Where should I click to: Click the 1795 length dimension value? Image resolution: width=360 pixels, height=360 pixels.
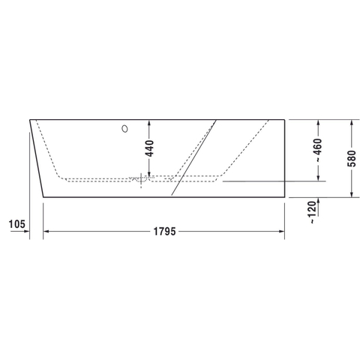164,232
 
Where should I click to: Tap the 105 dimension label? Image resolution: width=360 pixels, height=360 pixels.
17,224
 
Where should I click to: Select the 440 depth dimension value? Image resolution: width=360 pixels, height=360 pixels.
150,148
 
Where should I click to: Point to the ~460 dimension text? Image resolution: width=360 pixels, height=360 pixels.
319,150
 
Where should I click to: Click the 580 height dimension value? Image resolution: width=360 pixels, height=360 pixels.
352,158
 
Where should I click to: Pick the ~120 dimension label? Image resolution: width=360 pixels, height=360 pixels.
312,212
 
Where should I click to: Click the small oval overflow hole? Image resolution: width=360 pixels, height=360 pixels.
124,129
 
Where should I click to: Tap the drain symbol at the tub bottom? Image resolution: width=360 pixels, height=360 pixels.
141,180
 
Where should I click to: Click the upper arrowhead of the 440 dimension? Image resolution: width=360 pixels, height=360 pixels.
149,123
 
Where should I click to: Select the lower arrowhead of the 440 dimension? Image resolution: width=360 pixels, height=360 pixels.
149,173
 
